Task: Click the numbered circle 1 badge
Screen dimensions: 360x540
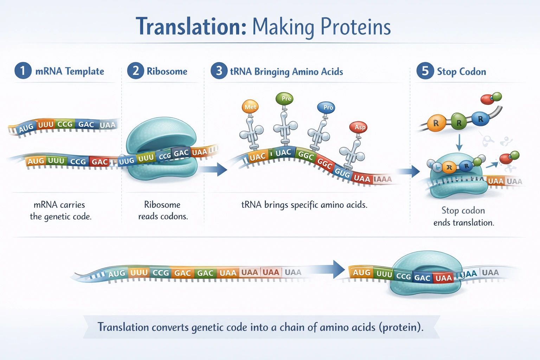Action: [23, 70]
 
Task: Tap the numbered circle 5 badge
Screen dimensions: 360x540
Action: [425, 71]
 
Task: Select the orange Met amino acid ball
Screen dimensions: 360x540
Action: [250, 107]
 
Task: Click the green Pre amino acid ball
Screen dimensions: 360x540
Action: [285, 98]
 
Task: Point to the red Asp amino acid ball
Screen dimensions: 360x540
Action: [358, 127]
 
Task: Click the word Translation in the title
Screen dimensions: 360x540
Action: [191, 27]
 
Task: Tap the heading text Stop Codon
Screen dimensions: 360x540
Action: [461, 72]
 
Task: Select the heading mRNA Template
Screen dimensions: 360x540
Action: [70, 71]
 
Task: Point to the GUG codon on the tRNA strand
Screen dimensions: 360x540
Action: [342, 172]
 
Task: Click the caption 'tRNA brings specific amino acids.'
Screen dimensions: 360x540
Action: [304, 205]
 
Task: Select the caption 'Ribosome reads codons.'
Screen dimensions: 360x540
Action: [163, 210]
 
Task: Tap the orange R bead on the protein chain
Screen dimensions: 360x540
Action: [436, 123]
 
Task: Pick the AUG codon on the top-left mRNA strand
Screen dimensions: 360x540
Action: [26, 128]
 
